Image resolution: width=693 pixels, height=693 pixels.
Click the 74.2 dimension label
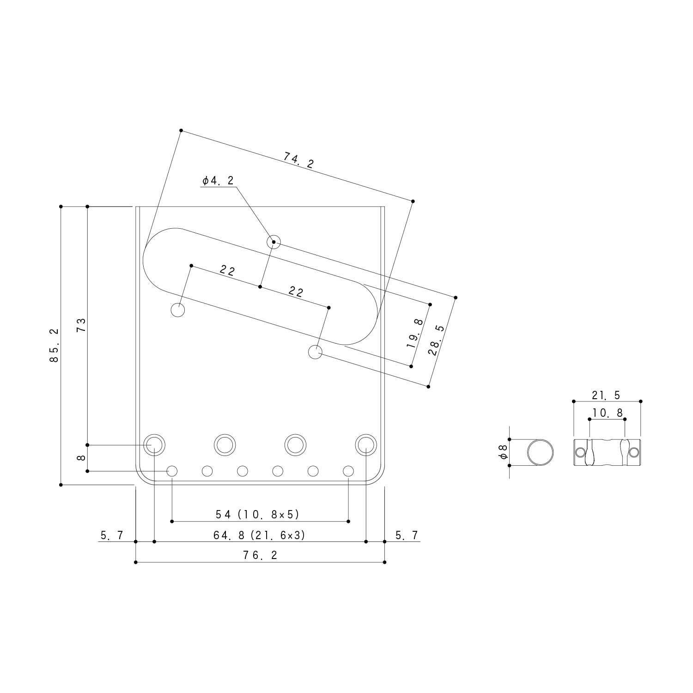[298, 160]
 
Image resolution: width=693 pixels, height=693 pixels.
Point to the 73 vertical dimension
[81, 325]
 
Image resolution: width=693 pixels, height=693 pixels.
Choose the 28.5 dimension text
[436, 340]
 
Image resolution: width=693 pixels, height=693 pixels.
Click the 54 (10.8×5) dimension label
[258, 514]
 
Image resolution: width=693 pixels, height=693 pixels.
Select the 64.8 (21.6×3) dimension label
[259, 535]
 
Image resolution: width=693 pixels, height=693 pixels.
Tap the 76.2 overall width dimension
[260, 555]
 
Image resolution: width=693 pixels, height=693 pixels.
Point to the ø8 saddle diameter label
[503, 452]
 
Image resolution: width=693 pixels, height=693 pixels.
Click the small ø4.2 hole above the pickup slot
[274, 242]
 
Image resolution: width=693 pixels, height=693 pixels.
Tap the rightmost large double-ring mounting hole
[365, 444]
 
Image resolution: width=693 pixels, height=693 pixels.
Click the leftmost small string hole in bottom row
[172, 471]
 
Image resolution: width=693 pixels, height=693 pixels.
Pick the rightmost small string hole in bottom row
[348, 471]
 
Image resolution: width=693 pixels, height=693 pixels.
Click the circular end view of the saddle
[540, 452]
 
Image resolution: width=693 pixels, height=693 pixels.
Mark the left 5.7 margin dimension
[112, 535]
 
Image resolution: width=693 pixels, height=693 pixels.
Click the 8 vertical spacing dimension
[81, 458]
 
